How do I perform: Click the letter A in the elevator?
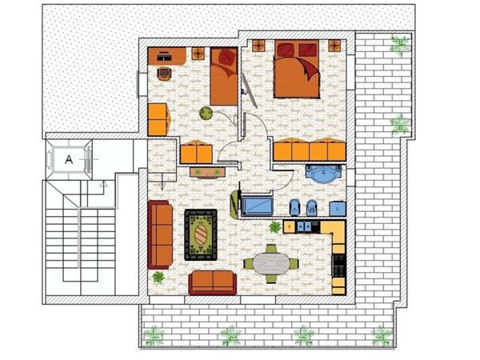click(69, 159)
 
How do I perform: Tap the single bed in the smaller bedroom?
click(225, 78)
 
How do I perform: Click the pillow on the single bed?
click(225, 58)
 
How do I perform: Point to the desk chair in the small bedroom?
click(164, 74)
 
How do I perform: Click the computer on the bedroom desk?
click(163, 56)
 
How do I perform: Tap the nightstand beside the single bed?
click(197, 54)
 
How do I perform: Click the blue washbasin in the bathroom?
click(324, 173)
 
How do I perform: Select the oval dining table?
click(271, 262)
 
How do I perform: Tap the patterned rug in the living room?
click(202, 234)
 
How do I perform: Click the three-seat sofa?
click(161, 234)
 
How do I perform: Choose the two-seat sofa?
click(213, 282)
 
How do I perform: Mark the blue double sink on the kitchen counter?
click(305, 226)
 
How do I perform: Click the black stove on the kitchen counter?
click(338, 265)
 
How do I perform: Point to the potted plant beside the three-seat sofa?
click(158, 278)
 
